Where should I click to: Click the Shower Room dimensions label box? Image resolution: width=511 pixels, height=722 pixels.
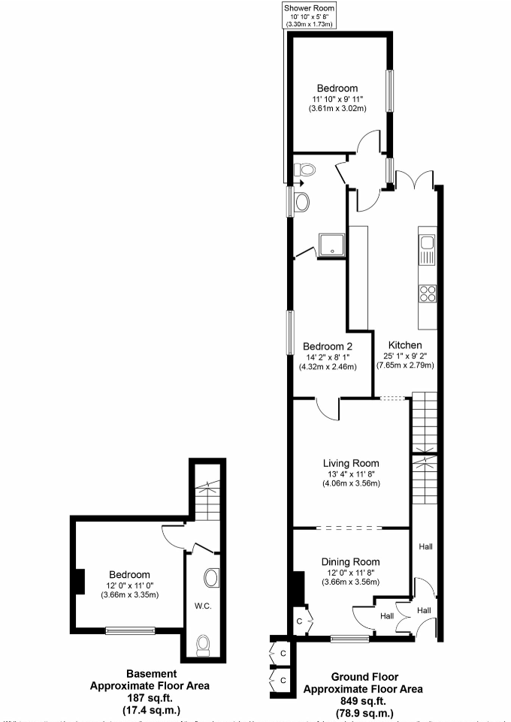(x=308, y=15)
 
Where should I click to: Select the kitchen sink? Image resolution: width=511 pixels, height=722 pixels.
(x=426, y=250)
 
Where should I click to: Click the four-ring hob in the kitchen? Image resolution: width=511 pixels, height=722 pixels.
(x=427, y=293)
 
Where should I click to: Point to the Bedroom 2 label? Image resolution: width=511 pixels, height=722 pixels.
(x=328, y=346)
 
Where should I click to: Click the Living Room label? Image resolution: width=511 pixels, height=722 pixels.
(x=352, y=463)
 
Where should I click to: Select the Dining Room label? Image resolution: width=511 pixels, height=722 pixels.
(x=350, y=561)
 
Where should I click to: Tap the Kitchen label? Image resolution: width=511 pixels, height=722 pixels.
(x=405, y=344)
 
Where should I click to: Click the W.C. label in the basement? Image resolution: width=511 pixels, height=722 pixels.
(x=201, y=605)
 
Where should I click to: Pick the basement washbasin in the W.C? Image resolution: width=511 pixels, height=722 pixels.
(x=212, y=578)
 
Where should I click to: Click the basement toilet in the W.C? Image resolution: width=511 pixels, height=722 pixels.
(x=203, y=644)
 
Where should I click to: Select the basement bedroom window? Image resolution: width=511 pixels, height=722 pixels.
(x=130, y=630)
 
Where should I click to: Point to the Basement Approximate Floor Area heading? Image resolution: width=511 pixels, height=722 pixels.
(x=150, y=679)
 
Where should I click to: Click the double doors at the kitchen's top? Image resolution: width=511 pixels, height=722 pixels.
(x=416, y=180)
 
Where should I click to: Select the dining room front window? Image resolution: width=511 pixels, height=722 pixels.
(x=349, y=639)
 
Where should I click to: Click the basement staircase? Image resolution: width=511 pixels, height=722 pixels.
(x=204, y=489)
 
